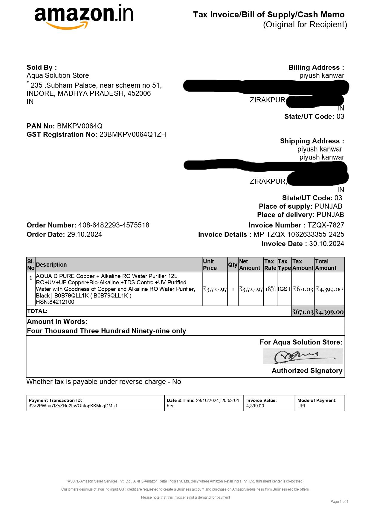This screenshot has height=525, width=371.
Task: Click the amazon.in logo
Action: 84,16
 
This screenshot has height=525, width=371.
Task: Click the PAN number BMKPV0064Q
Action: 80,126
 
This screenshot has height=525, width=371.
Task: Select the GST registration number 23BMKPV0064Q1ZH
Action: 132,134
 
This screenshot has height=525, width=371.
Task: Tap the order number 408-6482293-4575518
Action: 114,225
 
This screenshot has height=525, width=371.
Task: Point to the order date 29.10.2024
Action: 85,234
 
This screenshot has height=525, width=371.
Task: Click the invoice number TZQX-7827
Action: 326,225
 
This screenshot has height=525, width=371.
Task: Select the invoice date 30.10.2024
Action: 326,244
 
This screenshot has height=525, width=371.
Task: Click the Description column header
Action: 51,265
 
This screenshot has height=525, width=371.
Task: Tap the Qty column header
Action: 233,265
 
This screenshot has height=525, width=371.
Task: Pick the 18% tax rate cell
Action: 270,289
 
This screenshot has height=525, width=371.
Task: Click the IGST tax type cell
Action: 284,289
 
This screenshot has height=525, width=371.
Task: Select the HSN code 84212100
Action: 62,302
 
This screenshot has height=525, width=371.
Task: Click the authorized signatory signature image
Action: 303,356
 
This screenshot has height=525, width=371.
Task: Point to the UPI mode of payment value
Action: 301,406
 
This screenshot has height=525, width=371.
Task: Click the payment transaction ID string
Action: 73,406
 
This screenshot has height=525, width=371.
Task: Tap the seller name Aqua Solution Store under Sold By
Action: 58,75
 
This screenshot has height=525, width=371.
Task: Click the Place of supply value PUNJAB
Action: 328,206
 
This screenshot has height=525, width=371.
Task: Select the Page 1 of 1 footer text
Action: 339,501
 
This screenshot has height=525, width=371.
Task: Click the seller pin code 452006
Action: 139,93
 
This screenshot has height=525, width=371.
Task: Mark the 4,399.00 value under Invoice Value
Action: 255,406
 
